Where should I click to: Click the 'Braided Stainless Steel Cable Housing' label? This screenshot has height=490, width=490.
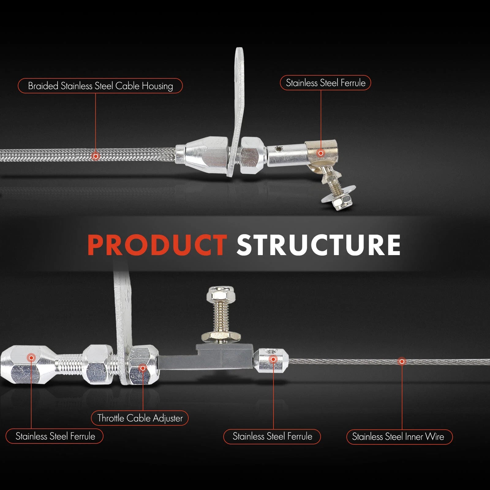coord(100,86)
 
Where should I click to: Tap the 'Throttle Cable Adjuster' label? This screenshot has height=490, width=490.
coord(140,418)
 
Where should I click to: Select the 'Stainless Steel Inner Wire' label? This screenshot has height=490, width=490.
coord(399,436)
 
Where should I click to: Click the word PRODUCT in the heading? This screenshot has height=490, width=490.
coord(157,245)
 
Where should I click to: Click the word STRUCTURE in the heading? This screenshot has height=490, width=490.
coord(318,245)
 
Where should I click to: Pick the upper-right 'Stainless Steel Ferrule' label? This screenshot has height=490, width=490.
coord(326,83)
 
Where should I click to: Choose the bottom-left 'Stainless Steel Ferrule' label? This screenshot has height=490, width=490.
coord(55,436)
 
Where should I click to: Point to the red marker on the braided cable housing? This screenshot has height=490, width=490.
coord(96,156)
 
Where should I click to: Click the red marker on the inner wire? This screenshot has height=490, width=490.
coord(402,361)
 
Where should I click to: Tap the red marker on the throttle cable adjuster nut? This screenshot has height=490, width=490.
coord(143,368)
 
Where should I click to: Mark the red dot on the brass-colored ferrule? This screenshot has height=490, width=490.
coord(321,153)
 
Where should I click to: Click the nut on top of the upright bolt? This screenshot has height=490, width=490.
coord(220,293)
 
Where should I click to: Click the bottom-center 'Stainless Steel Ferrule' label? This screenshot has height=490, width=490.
coord(272,436)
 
